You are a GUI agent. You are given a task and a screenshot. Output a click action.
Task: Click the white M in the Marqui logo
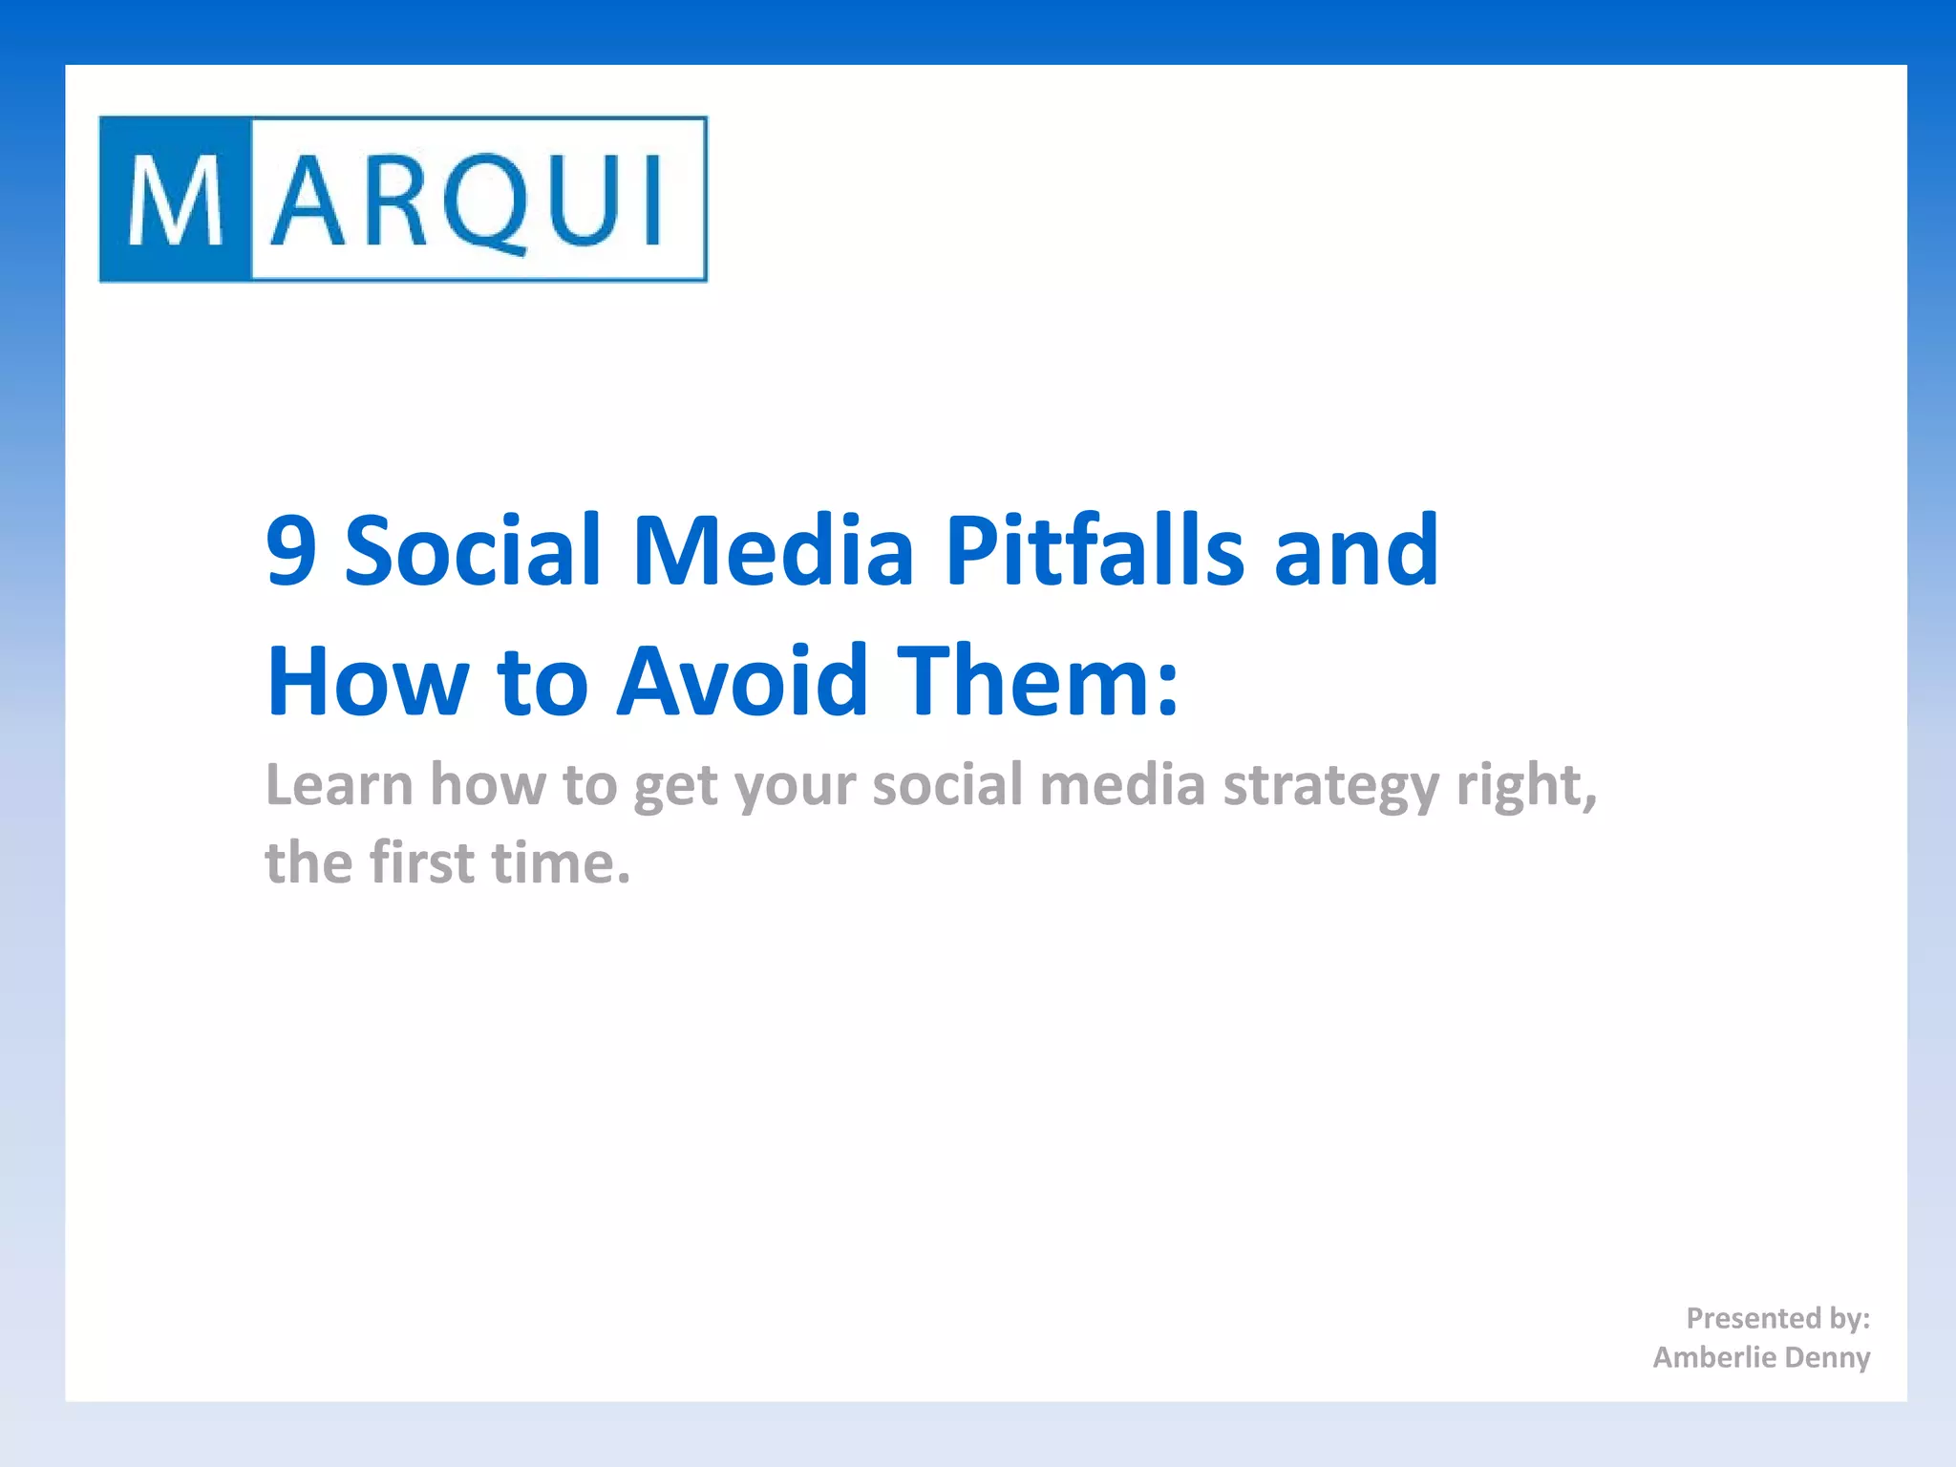click(176, 201)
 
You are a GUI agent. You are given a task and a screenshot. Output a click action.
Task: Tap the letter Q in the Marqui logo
click(488, 202)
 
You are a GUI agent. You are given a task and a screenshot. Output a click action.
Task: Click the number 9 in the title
click(290, 551)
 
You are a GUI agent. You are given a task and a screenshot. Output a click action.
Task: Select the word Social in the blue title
click(472, 551)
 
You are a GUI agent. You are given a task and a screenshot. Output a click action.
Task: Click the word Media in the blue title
click(774, 551)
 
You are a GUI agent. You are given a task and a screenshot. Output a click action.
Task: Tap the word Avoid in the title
click(743, 681)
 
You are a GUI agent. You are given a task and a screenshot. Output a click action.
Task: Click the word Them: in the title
click(1041, 681)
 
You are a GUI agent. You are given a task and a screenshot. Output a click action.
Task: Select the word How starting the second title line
click(368, 681)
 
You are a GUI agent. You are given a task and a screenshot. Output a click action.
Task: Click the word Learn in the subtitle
click(339, 785)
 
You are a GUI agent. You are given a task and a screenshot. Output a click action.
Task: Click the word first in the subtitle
click(421, 862)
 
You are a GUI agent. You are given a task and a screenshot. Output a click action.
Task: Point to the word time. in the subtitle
click(561, 862)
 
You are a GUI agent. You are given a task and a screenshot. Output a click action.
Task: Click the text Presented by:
click(1777, 1319)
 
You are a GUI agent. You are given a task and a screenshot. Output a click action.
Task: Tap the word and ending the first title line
click(1356, 551)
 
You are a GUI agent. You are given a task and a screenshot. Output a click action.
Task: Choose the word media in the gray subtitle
click(1122, 785)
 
